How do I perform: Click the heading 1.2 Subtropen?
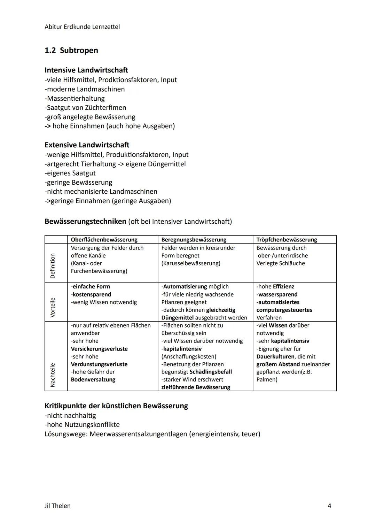[71, 51]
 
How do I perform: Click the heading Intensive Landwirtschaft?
[86, 70]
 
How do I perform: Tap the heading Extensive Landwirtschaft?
[87, 145]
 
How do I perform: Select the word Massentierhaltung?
[76, 99]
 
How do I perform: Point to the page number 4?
[329, 506]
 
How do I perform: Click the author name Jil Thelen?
[57, 506]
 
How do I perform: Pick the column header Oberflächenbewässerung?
[104, 240]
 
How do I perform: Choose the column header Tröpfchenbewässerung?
[287, 240]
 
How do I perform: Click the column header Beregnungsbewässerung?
[194, 240]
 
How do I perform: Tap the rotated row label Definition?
[53, 266]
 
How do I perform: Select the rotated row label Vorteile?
[53, 307]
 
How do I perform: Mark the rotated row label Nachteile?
[53, 375]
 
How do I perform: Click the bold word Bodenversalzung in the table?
[93, 380]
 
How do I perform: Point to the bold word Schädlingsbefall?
[211, 372]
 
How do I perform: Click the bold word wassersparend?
[277, 295]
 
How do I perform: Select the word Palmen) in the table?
[267, 380]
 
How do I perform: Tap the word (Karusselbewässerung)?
[191, 263]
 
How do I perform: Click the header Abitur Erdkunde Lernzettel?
[82, 27]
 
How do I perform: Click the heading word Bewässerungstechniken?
[85, 222]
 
